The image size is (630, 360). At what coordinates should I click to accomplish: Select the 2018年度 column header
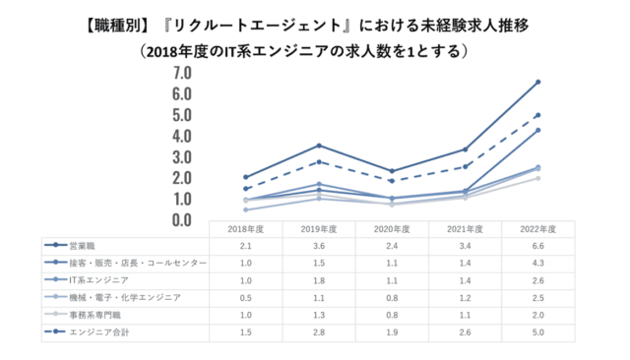pos(246,228)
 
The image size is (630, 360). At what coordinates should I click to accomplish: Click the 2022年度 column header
pos(538,228)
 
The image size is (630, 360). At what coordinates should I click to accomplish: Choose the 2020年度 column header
pos(392,228)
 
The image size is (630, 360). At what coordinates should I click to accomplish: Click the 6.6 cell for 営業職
pos(538,245)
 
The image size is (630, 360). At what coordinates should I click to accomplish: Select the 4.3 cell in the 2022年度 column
pos(538,263)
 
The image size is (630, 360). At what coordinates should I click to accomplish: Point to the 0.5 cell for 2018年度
pos(246,296)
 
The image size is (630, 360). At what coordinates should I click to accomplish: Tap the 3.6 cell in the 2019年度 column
pos(319,245)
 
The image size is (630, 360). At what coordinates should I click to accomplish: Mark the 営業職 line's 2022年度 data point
pos(538,82)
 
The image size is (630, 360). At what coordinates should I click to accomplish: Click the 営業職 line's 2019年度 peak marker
pos(319,146)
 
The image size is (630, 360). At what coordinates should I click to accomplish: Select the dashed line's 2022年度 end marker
pos(538,115)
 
